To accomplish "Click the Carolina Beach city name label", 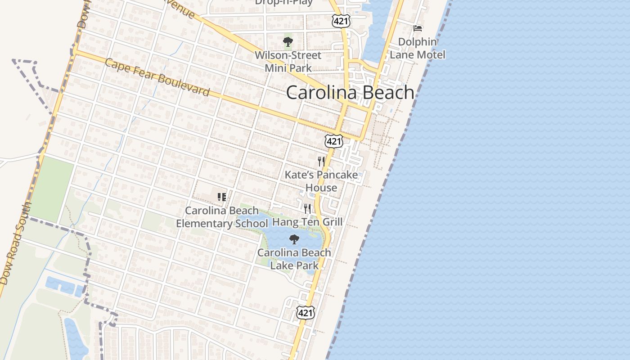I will [x=350, y=92].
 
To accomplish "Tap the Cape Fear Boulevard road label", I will [x=157, y=77].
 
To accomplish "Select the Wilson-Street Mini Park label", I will [x=288, y=62].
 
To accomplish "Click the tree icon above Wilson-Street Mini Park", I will [x=288, y=42].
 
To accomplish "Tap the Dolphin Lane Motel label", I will [x=418, y=48].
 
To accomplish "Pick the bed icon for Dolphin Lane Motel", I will [x=418, y=28].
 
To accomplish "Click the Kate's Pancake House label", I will [x=321, y=181].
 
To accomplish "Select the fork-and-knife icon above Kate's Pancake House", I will [x=321, y=161].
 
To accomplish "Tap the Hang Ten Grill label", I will [x=307, y=222].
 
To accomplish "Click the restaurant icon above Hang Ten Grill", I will [x=307, y=208].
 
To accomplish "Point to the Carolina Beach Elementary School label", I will [x=222, y=217].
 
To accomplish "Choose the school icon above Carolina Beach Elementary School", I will [x=221, y=197].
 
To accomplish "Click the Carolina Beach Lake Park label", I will [x=294, y=259].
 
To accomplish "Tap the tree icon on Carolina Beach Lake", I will [x=294, y=239].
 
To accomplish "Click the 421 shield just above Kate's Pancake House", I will [x=334, y=141].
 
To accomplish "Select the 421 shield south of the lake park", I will [x=305, y=313].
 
